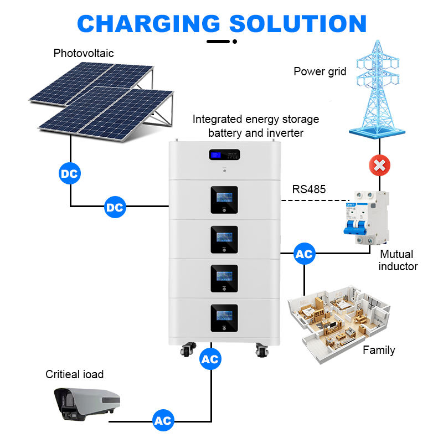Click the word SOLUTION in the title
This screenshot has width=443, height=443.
[298, 23]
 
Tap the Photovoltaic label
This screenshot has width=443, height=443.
[84, 54]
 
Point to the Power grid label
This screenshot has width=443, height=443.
[320, 71]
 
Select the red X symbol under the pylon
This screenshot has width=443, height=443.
[379, 165]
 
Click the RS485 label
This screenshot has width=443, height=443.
[309, 189]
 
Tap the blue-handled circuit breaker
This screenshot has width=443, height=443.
[365, 218]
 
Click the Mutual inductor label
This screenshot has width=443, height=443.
[398, 260]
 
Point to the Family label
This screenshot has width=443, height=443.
[379, 350]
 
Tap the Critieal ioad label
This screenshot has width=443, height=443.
[75, 374]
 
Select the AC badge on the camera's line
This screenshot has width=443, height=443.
[163, 421]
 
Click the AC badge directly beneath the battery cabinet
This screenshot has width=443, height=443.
[210, 359]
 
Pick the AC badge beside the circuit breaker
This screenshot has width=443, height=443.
[304, 254]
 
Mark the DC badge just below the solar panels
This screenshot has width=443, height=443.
[70, 174]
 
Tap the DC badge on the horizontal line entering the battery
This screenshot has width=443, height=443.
[115, 208]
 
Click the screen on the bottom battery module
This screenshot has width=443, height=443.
[224, 316]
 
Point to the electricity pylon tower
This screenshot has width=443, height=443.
[379, 89]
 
